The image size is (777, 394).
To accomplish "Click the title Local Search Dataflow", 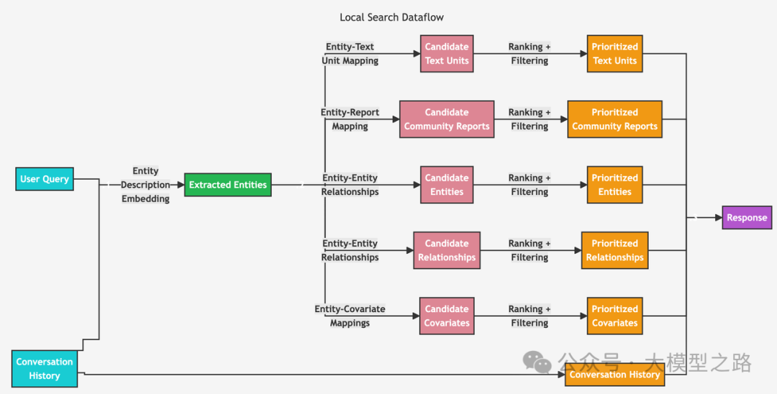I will pyautogui.click(x=392, y=17).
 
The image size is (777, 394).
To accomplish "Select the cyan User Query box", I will pyautogui.click(x=45, y=179).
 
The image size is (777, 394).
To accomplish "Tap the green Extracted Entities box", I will pyautogui.click(x=227, y=185).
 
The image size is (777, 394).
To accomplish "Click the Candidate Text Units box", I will pyautogui.click(x=447, y=53).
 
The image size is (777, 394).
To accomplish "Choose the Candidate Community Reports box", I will pyautogui.click(x=447, y=119).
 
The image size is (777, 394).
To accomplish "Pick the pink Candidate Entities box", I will pyautogui.click(x=447, y=185).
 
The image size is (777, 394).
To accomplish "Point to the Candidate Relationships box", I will pyautogui.click(x=447, y=250).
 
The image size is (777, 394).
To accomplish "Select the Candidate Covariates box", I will pyautogui.click(x=447, y=316).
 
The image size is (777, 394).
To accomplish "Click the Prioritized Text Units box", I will pyautogui.click(x=614, y=53).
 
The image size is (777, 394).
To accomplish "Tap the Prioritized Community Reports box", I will pyautogui.click(x=614, y=119).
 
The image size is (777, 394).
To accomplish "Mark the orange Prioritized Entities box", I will pyautogui.click(x=614, y=185).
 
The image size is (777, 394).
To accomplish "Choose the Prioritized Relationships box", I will pyautogui.click(x=614, y=250).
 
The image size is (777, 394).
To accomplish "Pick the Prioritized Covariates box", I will pyautogui.click(x=614, y=316).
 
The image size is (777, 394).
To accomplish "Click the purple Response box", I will pyautogui.click(x=747, y=217).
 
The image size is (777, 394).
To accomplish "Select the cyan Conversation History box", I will pyautogui.click(x=45, y=368).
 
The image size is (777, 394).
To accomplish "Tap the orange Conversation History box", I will pyautogui.click(x=614, y=375).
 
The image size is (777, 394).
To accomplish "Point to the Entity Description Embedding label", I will pyautogui.click(x=145, y=185).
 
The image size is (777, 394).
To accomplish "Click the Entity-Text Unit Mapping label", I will pyautogui.click(x=350, y=54).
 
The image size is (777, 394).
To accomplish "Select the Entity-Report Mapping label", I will pyautogui.click(x=350, y=119).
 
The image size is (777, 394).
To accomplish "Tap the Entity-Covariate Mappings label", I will pyautogui.click(x=350, y=316).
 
